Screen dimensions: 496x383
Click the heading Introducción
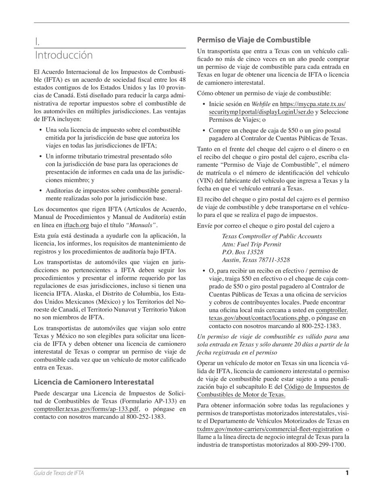[64, 55]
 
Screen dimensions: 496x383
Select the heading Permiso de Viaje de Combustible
[254, 40]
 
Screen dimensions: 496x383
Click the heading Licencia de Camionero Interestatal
[94, 382]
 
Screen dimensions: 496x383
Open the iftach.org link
[76, 225]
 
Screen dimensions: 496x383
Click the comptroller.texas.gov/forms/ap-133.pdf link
[86, 409]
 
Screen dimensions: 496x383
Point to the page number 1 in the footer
[347, 473]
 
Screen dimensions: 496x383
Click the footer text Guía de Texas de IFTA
[59, 473]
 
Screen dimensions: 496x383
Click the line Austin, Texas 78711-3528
[256, 260]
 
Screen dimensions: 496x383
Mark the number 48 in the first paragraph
[182, 80]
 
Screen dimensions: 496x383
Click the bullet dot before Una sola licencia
[41, 130]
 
